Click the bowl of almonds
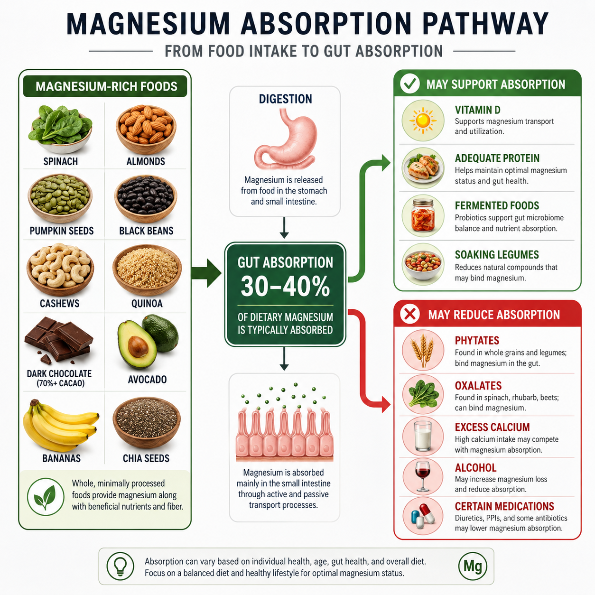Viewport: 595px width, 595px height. click(x=146, y=129)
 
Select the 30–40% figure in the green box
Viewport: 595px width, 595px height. click(x=285, y=287)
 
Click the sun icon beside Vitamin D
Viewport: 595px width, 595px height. click(x=423, y=121)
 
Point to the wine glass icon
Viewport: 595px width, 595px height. click(x=423, y=476)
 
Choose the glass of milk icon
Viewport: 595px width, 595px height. click(x=423, y=436)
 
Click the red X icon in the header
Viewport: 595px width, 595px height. click(x=410, y=314)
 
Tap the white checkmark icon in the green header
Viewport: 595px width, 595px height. click(x=410, y=84)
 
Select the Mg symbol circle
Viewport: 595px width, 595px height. click(x=473, y=566)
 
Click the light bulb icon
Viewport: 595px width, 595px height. click(x=121, y=566)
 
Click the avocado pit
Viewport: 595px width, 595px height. click(x=138, y=346)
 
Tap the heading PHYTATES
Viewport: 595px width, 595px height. click(x=477, y=340)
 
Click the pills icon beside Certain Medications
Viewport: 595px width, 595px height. click(x=423, y=516)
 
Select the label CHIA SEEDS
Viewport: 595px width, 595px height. click(x=146, y=458)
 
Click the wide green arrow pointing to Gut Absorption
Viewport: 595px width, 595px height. click(x=206, y=273)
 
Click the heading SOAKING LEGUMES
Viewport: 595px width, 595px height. click(x=497, y=255)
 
